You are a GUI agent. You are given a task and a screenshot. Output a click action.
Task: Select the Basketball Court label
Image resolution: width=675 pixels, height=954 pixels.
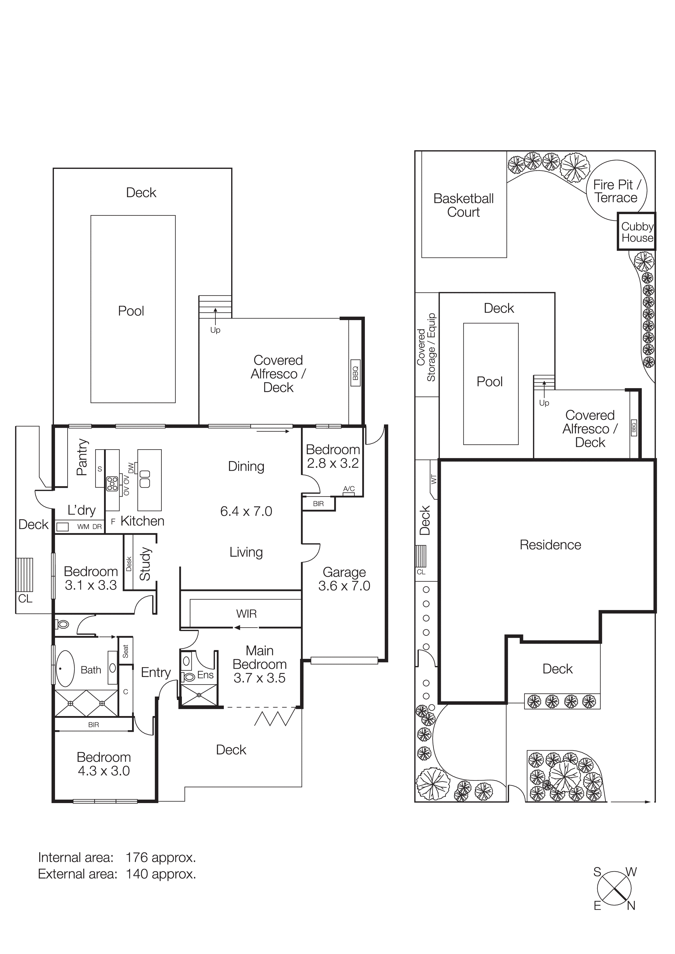463,205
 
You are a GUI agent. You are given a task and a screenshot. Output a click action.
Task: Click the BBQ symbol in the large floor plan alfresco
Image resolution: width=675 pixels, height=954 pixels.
355,373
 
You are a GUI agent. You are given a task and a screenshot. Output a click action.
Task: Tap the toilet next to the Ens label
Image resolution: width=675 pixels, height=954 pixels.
189,677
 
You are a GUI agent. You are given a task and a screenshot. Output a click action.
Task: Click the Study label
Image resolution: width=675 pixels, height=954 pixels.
145,564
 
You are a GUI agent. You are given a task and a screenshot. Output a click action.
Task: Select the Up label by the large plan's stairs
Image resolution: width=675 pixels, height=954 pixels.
215,330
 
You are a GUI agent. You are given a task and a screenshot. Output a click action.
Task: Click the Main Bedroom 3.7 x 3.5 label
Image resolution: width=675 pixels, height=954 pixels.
259,664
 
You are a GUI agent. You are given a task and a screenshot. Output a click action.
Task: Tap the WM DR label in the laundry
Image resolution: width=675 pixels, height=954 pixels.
89,527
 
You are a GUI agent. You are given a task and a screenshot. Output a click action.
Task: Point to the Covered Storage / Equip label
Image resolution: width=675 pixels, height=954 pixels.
426,347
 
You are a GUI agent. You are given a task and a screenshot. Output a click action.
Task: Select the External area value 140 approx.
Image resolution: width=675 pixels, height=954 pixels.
161,874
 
